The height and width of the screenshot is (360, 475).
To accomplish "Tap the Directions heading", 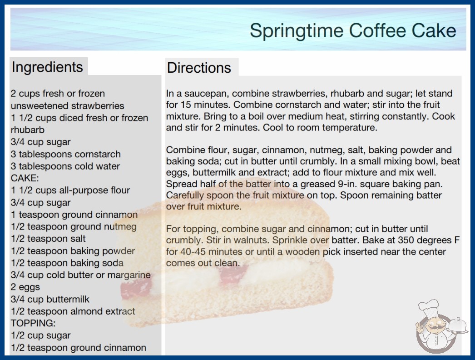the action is tap(199, 68).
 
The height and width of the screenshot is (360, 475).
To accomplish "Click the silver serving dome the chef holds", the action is tap(458, 325).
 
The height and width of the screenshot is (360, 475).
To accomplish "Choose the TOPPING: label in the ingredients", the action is tap(33, 323).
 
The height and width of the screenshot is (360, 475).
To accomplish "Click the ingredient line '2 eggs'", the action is tap(25, 287).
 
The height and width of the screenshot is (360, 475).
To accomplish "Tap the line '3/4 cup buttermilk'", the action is tap(50, 299).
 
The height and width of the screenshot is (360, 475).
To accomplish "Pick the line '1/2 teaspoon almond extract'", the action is tap(73, 311).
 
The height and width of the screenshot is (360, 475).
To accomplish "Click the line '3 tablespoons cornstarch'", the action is tap(66, 154).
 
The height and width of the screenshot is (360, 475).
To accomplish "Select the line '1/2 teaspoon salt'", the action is tap(48, 239).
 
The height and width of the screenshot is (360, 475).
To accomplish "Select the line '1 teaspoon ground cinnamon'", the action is tap(74, 215).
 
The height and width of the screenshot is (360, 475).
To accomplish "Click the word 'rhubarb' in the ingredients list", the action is tap(28, 130).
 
